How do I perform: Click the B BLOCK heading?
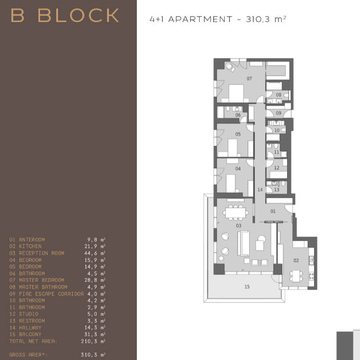point(65,15)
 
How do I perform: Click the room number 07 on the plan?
point(249,79)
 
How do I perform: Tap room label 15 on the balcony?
point(247,287)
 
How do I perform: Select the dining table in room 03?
point(235,212)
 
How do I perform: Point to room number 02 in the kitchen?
point(296,261)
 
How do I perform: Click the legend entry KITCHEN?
point(30,246)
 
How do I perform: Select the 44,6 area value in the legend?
point(91,253)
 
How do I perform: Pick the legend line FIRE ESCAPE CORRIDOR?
point(51,294)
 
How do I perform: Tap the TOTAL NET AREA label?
point(33,342)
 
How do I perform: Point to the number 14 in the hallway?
point(260,189)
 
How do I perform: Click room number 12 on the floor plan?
point(276,168)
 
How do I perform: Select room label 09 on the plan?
point(278,113)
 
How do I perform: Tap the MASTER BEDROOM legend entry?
point(41,280)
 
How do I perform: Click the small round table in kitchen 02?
point(296,276)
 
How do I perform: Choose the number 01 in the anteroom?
point(273,211)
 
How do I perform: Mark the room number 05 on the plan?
point(238,134)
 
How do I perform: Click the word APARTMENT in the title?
point(200,19)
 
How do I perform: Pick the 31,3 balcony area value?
point(91,334)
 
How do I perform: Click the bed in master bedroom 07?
point(236,93)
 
